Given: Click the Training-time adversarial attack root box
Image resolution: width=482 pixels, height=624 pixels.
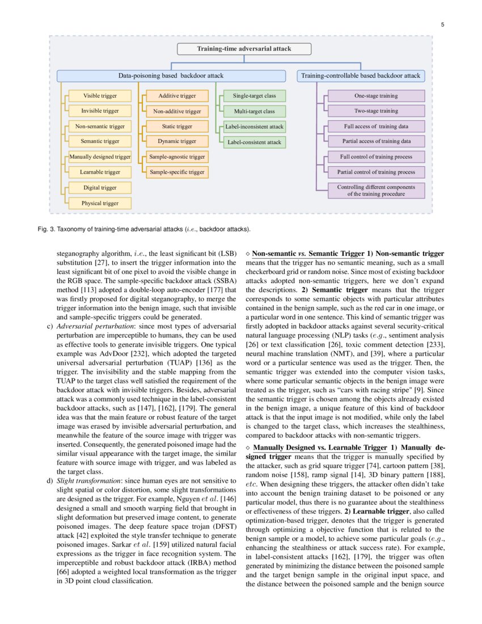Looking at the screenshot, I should tap(244, 49).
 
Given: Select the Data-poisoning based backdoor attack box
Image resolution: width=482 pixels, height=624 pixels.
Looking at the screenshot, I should tap(171, 75).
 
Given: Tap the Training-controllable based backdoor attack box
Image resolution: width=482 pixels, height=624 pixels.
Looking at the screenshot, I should tap(361, 75).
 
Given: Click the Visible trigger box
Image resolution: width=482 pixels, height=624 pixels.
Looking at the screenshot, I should tap(100, 96).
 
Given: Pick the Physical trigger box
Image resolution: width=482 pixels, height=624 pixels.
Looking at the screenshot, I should tap(100, 203).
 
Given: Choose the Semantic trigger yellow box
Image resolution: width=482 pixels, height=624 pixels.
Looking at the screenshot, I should tap(100, 141).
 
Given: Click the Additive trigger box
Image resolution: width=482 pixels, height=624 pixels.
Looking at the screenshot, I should tap(177, 96).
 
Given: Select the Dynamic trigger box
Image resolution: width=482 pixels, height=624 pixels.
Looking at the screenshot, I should tap(177, 141).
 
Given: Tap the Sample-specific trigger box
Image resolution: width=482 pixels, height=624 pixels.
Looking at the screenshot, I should tap(177, 172).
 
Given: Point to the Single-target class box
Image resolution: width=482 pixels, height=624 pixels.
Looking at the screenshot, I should tap(254, 96).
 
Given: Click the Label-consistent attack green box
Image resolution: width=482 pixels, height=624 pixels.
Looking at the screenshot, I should tap(254, 142).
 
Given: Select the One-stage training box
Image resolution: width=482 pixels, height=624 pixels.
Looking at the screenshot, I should tap(376, 96).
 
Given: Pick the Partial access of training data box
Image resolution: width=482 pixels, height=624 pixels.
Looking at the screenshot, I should tap(376, 141).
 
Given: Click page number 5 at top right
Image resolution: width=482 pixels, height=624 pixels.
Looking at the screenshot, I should tap(442, 24).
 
